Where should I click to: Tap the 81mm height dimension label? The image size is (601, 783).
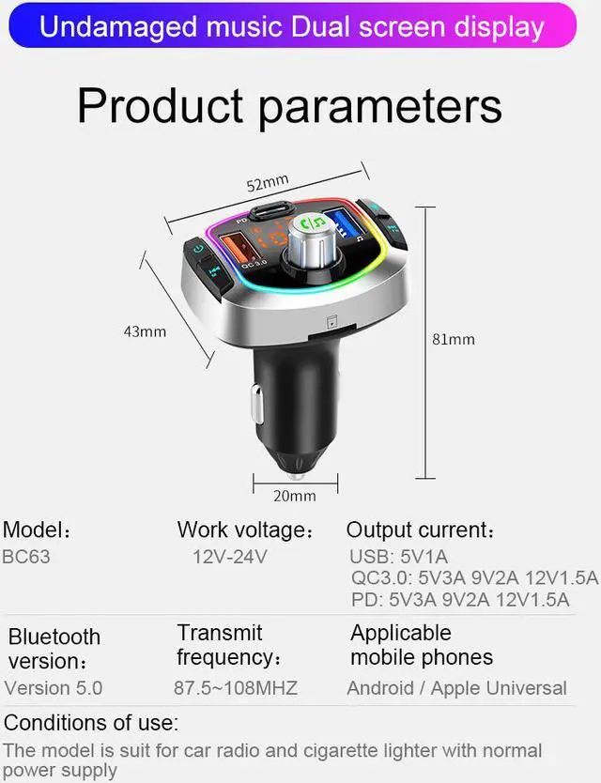click(x=454, y=339)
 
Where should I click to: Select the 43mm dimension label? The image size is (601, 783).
click(x=145, y=330)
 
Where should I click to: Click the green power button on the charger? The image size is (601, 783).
click(x=197, y=250)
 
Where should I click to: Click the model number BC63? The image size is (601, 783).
click(x=27, y=557)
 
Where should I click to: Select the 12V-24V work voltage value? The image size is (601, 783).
click(x=229, y=557)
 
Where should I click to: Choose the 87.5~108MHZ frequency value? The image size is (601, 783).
click(x=235, y=688)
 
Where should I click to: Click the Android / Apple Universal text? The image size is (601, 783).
click(x=456, y=688)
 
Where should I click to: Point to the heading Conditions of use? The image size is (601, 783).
click(x=91, y=724)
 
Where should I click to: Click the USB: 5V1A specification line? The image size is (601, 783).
click(x=400, y=557)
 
